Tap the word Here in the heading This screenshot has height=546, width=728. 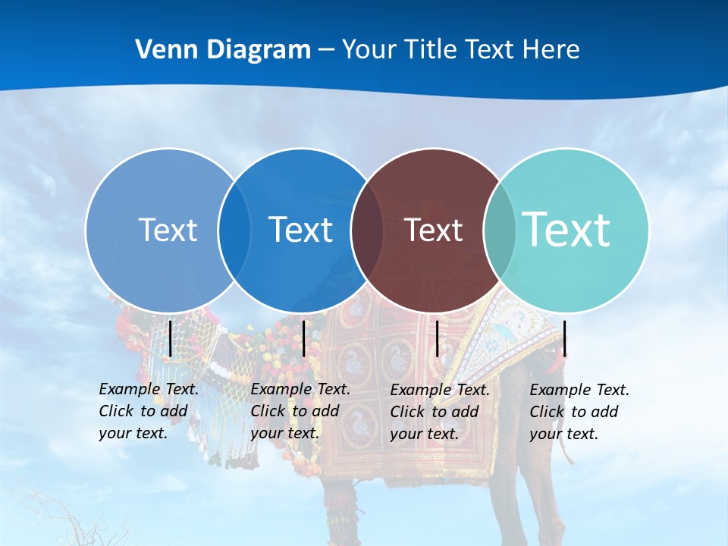(551, 50)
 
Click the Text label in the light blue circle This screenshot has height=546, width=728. (168, 230)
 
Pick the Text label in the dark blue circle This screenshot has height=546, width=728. (300, 230)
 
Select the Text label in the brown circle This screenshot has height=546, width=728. (433, 230)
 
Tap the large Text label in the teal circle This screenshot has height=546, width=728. (566, 229)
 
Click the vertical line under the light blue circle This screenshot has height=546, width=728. (171, 338)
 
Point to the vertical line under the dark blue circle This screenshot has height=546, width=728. (303, 338)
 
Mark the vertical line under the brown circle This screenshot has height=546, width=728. (437, 338)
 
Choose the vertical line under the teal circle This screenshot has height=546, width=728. (565, 338)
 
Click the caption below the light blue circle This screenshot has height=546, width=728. (149, 411)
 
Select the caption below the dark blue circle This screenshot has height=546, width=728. (300, 411)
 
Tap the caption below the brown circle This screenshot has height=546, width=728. (440, 412)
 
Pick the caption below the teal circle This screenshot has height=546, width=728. (579, 412)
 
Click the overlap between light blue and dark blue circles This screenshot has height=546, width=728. (234, 230)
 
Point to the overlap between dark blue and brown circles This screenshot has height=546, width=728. (367, 230)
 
